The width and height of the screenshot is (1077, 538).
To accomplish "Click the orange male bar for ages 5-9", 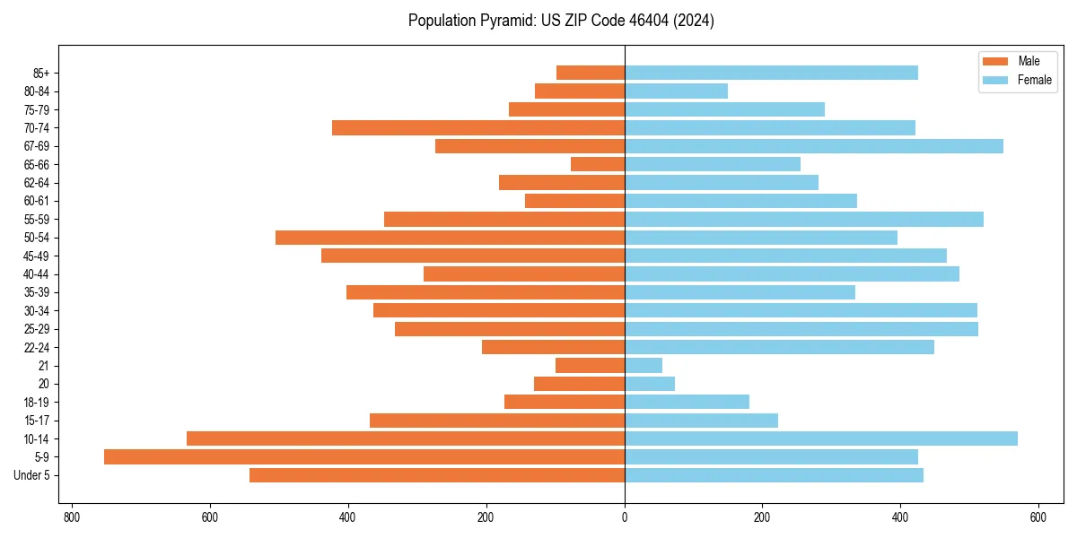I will coord(363,456).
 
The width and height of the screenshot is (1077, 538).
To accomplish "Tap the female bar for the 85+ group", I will coord(771,73).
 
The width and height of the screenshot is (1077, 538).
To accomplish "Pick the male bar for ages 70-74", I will coord(477,127).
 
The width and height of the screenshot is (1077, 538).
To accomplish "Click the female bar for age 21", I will coord(643,365).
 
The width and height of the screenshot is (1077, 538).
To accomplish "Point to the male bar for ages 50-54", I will coord(450,238).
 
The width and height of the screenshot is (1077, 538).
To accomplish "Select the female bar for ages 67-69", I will coord(813,146).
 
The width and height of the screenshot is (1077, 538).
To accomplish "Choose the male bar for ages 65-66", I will coord(597,164).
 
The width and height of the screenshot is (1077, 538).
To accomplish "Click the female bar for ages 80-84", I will coord(676,91).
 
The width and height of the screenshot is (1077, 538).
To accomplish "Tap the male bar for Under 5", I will coord(436,475).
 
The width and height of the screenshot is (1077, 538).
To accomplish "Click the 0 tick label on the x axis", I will coord(625,517).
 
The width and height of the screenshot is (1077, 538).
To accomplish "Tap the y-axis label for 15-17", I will coord(37,421).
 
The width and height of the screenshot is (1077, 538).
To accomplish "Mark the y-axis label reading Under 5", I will coord(31,475).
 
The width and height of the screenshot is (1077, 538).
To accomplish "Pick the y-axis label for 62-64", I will coord(37,183).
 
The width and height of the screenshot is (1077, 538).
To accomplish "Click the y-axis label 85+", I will coord(42,73).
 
